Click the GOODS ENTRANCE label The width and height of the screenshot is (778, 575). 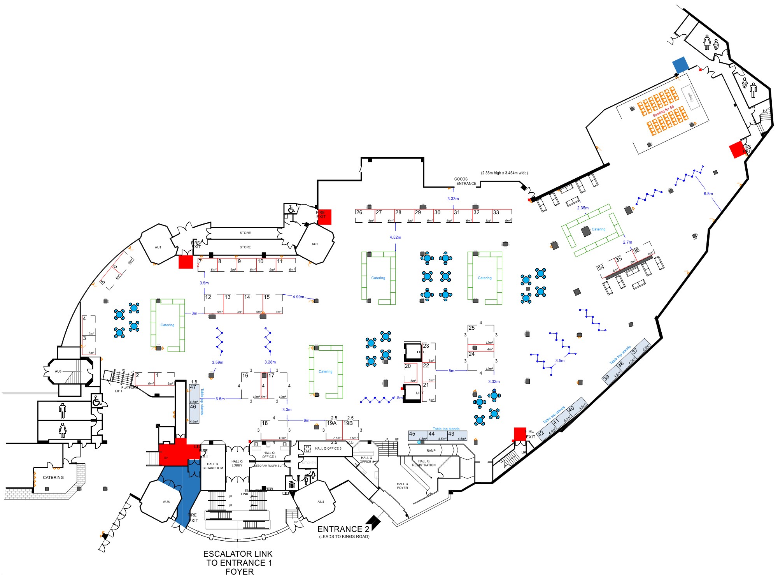pyautogui.click(x=465, y=181)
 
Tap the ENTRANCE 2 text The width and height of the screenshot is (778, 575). pyautogui.click(x=343, y=529)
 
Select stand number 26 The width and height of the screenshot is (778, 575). pyautogui.click(x=359, y=213)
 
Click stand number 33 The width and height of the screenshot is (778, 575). pyautogui.click(x=496, y=213)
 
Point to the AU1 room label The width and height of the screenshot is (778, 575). pyautogui.click(x=158, y=247)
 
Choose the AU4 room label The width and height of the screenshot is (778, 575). pyautogui.click(x=321, y=502)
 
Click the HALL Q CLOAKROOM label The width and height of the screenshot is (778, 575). pyautogui.click(x=213, y=466)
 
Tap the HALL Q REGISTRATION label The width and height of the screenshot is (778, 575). pyautogui.click(x=424, y=463)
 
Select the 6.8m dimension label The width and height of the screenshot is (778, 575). pyautogui.click(x=708, y=193)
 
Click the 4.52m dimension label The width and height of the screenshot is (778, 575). pyautogui.click(x=395, y=237)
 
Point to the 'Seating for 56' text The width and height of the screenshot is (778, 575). pyautogui.click(x=663, y=111)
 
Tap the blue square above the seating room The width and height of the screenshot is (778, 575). pyautogui.click(x=681, y=65)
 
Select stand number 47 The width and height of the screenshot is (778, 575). pyautogui.click(x=193, y=387)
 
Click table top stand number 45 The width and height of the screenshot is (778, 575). pyautogui.click(x=412, y=434)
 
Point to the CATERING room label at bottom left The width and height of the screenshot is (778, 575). pyautogui.click(x=53, y=477)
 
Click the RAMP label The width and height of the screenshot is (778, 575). pyautogui.click(x=431, y=450)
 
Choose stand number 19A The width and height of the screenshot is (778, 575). pyautogui.click(x=332, y=423)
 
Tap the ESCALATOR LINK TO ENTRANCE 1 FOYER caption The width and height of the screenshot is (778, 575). pyautogui.click(x=238, y=563)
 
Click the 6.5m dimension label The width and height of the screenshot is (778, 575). pyautogui.click(x=220, y=399)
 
